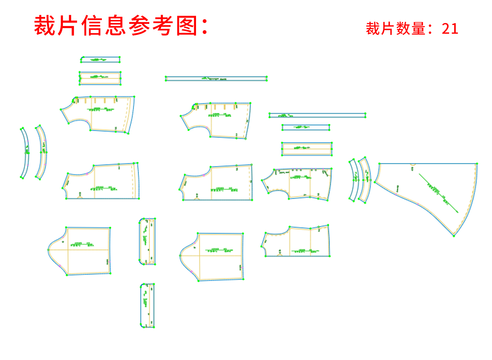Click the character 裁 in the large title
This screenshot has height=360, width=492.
point(44,25)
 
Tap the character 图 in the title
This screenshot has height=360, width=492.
point(187,25)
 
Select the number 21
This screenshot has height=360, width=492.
point(450,29)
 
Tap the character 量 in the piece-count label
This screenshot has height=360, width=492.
point(418,29)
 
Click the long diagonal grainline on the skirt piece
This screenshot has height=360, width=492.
point(438,193)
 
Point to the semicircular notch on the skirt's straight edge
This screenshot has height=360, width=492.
point(413,165)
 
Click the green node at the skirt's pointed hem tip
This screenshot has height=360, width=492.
point(454,236)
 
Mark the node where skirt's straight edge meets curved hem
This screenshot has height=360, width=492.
point(477,164)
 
